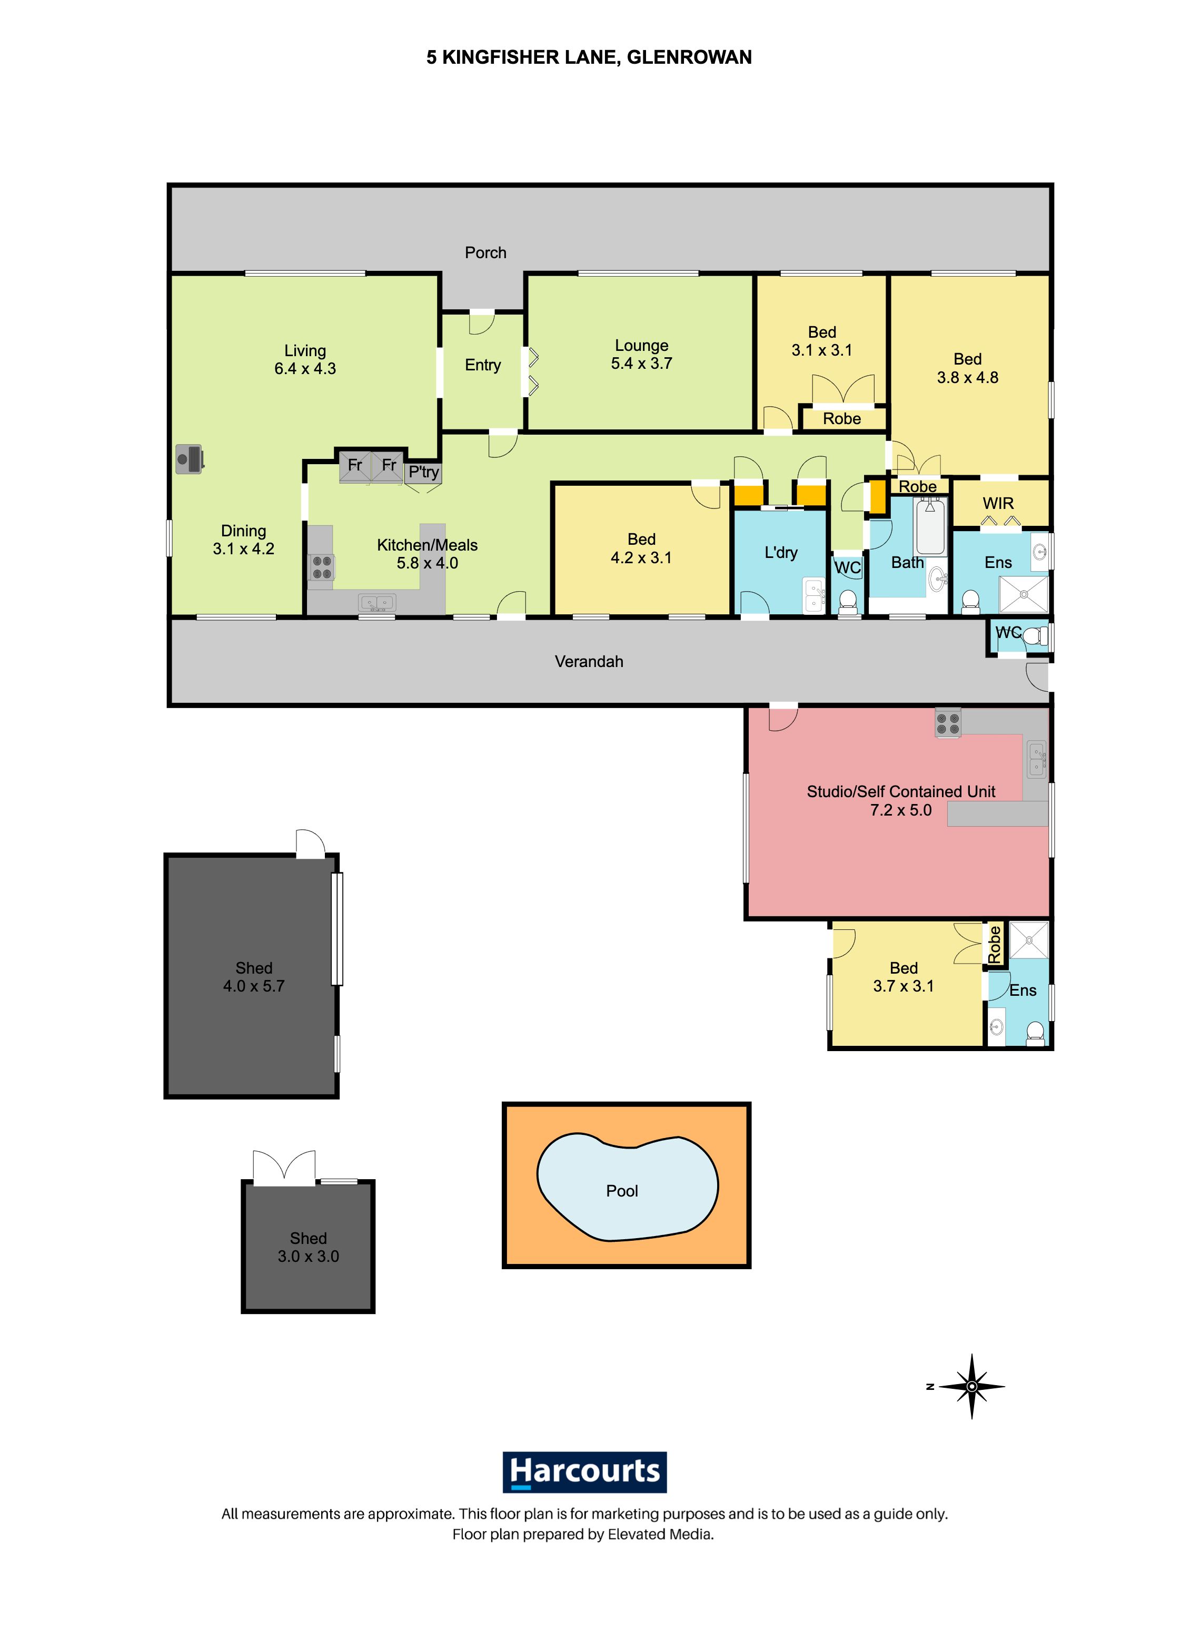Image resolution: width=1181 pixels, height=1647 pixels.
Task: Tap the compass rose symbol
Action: click(x=971, y=1386)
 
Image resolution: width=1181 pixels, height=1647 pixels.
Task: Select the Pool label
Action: click(x=622, y=1190)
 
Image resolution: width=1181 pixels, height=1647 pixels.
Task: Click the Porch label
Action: click(x=485, y=253)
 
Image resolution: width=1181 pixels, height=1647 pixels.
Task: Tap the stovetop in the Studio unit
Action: click(x=948, y=722)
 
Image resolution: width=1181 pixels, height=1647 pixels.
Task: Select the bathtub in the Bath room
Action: click(x=930, y=526)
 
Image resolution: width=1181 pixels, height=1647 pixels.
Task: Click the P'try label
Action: click(x=424, y=473)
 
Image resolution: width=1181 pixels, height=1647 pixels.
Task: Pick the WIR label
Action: click(x=998, y=503)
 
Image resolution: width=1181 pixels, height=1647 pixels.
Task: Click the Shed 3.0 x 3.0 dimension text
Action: click(x=309, y=1256)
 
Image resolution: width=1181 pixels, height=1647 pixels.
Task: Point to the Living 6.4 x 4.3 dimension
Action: click(x=305, y=369)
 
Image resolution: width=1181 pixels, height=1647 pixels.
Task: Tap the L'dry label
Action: click(x=781, y=553)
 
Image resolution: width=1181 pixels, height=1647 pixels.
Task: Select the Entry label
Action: click(x=483, y=365)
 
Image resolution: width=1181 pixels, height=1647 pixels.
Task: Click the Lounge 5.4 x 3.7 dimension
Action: click(x=642, y=363)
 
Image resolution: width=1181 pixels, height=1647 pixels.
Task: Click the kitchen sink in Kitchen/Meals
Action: click(x=376, y=602)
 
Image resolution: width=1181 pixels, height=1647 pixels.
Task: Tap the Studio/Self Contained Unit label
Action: click(x=901, y=791)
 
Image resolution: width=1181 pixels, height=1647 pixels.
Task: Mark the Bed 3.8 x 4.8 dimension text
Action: click(x=968, y=378)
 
